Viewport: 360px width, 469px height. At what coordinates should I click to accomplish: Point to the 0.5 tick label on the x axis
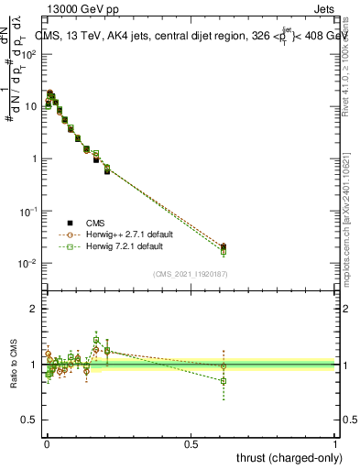pos(191,444)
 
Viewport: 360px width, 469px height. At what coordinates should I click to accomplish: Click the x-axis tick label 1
pos(336,444)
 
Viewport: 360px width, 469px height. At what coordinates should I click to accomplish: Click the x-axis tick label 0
pos(46,444)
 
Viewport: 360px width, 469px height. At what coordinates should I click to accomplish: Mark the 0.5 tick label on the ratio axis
pos(29,420)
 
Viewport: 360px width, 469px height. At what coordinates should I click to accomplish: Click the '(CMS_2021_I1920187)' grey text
pos(190,273)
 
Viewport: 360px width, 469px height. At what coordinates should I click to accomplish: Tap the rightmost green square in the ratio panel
pos(224,380)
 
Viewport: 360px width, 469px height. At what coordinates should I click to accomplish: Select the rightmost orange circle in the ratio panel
pos(224,366)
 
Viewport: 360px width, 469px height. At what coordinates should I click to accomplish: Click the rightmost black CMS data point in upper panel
pos(224,246)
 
